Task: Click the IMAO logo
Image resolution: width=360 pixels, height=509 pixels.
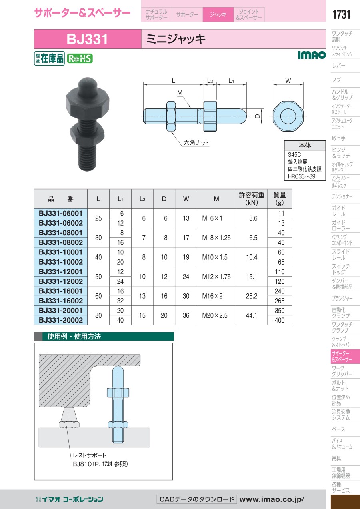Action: (x=312, y=55)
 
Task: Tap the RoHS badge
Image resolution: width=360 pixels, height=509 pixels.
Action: (x=80, y=59)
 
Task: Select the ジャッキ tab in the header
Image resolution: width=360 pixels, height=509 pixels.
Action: (x=218, y=14)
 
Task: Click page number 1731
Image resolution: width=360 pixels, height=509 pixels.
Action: (x=341, y=14)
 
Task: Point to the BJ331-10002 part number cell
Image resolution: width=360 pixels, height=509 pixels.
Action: (x=61, y=262)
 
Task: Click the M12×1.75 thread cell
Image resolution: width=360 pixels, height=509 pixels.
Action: (x=216, y=277)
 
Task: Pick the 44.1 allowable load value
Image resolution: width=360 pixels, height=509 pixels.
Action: (x=252, y=315)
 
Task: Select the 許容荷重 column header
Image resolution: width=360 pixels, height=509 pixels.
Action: (x=252, y=199)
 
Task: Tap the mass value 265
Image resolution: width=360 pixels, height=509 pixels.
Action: (x=279, y=301)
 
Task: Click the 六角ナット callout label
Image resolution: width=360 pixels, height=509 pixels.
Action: (x=196, y=143)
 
